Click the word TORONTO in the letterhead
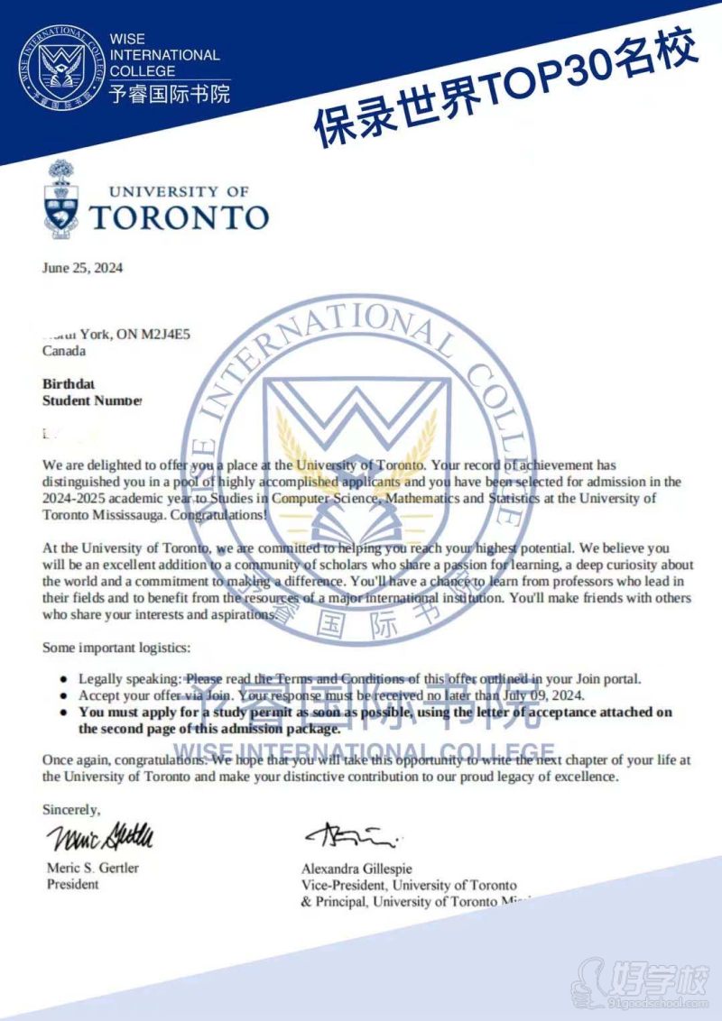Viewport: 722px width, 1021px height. pos(179,217)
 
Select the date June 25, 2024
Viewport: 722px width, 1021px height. pos(82,268)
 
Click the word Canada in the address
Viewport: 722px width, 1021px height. pos(64,351)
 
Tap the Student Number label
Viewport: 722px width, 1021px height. pos(92,400)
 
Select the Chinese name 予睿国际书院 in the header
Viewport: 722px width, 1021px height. pos(168,93)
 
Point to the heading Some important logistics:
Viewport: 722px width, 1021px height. pos(116,648)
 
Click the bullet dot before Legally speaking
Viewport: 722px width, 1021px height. pos(62,678)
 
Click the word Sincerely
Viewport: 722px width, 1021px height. pos(71,810)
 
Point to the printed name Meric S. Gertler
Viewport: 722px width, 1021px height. pos(93,869)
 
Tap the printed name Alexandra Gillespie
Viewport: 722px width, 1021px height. pos(358,869)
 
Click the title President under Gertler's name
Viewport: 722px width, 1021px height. pos(73,885)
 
